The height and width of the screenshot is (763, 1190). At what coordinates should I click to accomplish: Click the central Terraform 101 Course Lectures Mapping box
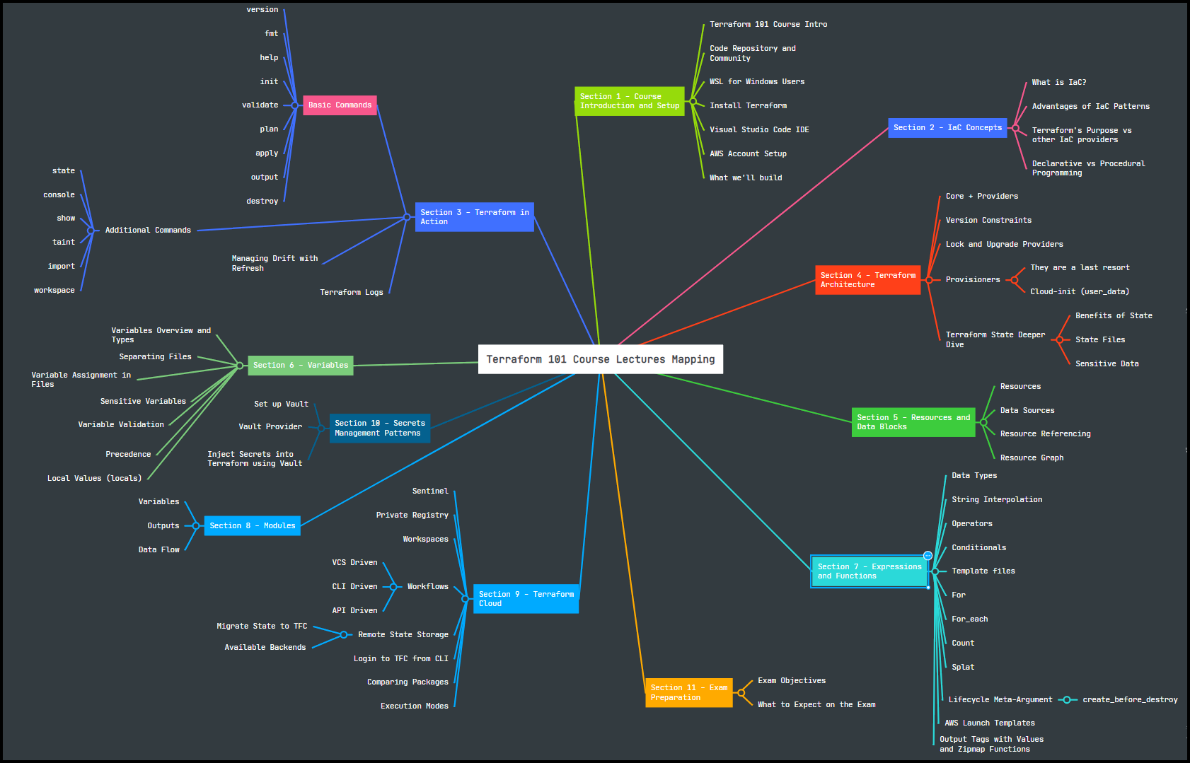tap(600, 359)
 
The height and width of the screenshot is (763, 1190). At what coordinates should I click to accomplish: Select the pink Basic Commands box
tap(340, 105)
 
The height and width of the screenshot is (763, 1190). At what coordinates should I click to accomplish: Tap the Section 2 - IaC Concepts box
tap(947, 128)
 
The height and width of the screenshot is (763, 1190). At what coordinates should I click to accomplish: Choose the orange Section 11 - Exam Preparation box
tap(688, 692)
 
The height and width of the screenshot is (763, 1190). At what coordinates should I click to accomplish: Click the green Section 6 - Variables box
tap(300, 365)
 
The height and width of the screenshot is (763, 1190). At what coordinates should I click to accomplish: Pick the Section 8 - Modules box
tap(252, 525)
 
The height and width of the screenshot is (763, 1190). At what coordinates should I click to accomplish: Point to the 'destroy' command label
tap(262, 202)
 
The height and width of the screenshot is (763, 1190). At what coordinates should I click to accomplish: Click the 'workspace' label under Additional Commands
tap(54, 291)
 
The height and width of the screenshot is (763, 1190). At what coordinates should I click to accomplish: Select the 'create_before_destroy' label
tap(1130, 700)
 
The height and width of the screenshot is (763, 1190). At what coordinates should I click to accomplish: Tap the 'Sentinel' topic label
tap(430, 491)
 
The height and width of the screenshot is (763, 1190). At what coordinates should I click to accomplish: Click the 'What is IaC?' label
tap(1058, 83)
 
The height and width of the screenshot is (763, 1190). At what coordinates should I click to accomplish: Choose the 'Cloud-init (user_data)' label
tap(1080, 292)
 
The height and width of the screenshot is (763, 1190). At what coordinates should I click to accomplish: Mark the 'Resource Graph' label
tap(1032, 458)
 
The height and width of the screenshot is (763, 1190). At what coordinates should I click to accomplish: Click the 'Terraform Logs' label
tap(351, 293)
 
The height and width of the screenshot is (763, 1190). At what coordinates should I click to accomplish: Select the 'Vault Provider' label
tap(270, 427)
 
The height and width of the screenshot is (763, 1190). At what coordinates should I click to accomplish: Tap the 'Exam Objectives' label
tap(792, 681)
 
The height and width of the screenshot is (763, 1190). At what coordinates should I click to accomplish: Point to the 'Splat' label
tap(963, 668)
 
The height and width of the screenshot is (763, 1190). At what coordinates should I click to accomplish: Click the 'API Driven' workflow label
tap(354, 611)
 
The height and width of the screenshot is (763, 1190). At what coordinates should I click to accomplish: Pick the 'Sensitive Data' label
tap(1107, 364)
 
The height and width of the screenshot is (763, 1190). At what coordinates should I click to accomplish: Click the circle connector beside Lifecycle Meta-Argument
tap(1066, 700)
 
